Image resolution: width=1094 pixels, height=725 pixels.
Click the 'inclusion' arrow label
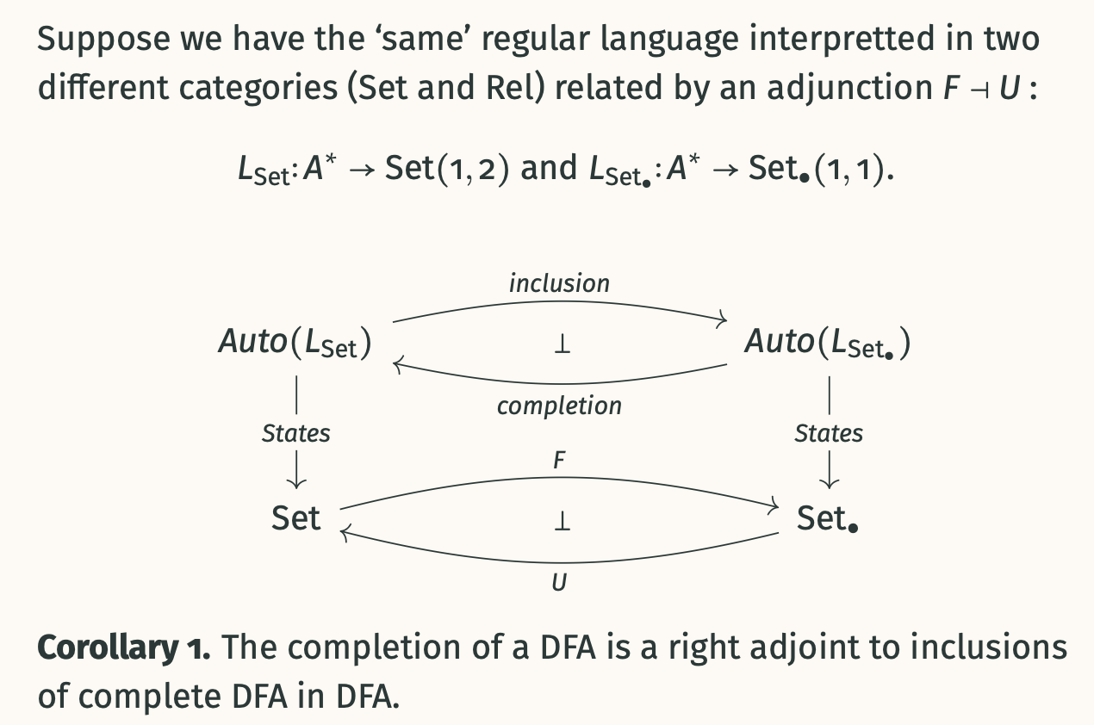click(x=559, y=282)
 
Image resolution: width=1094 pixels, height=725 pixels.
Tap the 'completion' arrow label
click(x=559, y=405)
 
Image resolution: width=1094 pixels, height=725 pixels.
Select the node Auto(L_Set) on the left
click(x=295, y=343)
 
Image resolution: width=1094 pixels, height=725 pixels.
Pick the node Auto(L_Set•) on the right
click(x=827, y=343)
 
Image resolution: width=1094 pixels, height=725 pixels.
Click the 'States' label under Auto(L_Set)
click(x=295, y=433)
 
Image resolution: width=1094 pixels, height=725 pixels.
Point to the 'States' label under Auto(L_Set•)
click(x=828, y=433)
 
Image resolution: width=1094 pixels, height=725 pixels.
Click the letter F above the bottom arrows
click(x=559, y=461)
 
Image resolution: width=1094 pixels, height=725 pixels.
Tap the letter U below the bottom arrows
click(x=559, y=583)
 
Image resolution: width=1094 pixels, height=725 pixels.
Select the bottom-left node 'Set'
click(x=295, y=517)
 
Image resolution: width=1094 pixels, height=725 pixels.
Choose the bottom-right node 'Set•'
click(x=828, y=517)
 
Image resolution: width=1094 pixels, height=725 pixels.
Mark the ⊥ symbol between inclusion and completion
click(x=561, y=345)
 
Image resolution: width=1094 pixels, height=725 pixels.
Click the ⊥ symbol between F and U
click(x=561, y=521)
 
